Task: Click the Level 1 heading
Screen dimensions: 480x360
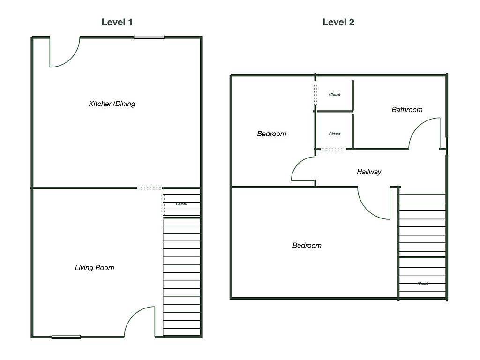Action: click(117, 22)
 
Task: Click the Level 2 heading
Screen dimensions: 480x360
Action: click(338, 22)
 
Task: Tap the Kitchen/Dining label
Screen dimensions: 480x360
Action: click(112, 104)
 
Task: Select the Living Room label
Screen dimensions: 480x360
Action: click(95, 268)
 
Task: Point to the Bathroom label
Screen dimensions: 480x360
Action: click(407, 110)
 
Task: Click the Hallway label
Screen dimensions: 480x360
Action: click(369, 172)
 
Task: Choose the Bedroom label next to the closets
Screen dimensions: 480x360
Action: click(271, 134)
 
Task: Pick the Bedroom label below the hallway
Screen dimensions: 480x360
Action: click(307, 245)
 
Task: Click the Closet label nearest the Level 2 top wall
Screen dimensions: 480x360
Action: click(335, 95)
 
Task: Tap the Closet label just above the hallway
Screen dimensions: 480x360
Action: click(335, 134)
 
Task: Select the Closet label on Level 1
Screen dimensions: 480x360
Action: click(181, 204)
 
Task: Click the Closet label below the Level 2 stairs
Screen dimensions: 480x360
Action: click(423, 284)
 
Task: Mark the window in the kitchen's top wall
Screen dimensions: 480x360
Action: click(149, 37)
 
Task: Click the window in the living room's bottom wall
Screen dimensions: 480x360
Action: click(66, 337)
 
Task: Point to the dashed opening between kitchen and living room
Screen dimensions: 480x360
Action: click(150, 188)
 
